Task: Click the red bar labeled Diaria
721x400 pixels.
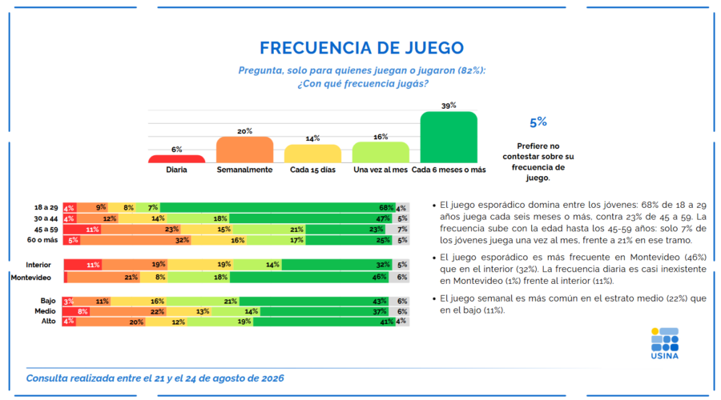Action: coord(176,159)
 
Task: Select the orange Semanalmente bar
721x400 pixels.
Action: coord(244,150)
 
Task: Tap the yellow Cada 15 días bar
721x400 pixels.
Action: coord(312,154)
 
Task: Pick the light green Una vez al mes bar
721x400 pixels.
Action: coord(381,153)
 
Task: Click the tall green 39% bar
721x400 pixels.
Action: coord(449,138)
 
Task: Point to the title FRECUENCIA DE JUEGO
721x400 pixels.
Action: coord(362,48)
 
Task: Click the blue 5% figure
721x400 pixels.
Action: coord(538,122)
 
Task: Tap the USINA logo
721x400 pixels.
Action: coord(665,343)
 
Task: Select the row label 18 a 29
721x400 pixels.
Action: coord(46,207)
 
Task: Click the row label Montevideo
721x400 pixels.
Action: coord(30,278)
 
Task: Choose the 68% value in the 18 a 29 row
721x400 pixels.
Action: coord(386,207)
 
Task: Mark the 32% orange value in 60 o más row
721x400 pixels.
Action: coord(182,240)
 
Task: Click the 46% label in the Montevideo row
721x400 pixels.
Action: coord(380,277)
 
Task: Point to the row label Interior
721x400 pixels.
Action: coord(38,265)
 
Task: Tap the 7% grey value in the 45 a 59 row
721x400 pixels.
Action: coord(402,229)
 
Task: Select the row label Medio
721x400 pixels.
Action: coord(45,311)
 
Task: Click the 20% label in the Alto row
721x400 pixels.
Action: coord(136,322)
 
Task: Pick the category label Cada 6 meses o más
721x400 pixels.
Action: coord(449,170)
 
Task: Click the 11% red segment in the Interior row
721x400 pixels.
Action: coord(83,265)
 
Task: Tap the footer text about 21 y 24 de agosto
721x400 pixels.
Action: coord(155,378)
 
